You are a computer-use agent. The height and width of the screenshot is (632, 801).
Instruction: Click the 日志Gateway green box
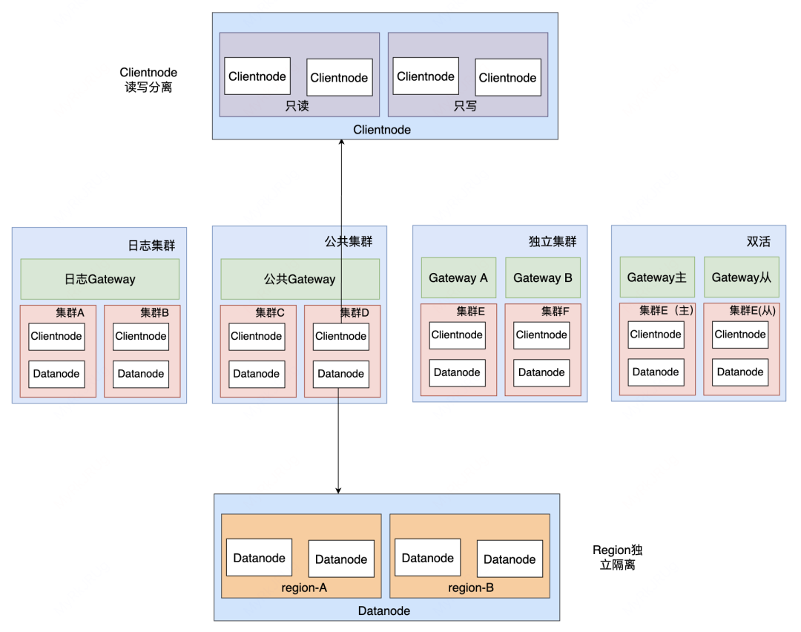point(99,279)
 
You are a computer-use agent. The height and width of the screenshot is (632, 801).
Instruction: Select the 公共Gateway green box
point(300,279)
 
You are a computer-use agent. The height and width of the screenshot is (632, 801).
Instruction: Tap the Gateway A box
point(458,277)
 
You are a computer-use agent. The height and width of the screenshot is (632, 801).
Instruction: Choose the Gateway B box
point(543,277)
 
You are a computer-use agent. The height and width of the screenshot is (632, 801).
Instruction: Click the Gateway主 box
point(657,277)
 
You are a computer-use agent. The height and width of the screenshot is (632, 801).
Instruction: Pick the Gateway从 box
point(742,277)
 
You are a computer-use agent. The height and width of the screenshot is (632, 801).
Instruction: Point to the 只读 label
point(297,106)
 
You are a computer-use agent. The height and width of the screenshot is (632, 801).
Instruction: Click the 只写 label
point(466,106)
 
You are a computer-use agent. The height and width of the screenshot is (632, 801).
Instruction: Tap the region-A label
point(304,587)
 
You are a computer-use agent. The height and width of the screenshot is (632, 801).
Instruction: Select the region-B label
point(471,587)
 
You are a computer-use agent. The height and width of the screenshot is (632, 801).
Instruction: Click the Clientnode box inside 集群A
point(57,336)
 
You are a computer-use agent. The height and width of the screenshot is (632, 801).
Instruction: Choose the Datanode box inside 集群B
point(141,374)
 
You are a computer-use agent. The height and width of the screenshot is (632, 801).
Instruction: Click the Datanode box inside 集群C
point(257,374)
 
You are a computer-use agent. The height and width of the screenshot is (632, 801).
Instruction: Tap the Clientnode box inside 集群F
point(542,335)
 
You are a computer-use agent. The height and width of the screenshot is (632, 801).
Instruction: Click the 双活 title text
point(758,242)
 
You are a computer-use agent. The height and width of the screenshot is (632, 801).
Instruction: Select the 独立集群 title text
point(552,242)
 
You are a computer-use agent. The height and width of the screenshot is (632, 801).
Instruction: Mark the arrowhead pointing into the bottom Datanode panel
point(339,490)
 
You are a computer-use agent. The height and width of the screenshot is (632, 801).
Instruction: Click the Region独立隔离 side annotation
point(617,557)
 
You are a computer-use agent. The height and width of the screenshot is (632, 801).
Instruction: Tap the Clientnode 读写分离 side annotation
point(148,79)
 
